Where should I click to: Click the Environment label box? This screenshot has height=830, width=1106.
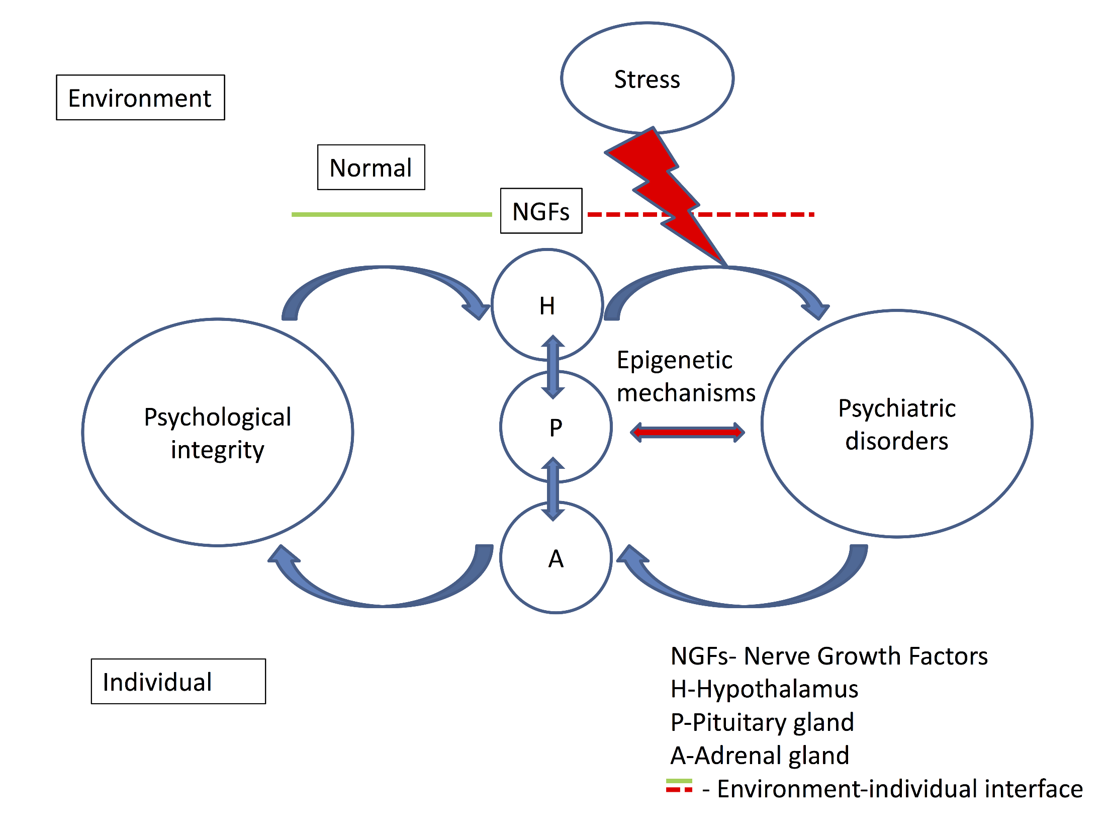click(140, 98)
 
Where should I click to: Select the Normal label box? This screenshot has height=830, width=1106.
click(371, 168)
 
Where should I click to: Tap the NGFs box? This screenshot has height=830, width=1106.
click(541, 211)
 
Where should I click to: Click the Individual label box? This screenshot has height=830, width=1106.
click(178, 682)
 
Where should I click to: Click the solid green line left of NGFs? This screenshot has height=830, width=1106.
click(392, 215)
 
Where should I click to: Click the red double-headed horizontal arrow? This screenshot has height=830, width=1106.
click(687, 432)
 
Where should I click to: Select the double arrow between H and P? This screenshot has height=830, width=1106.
click(553, 367)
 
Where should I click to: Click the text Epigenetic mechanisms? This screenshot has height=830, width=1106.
click(686, 376)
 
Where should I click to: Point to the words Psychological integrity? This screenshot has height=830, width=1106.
click(218, 433)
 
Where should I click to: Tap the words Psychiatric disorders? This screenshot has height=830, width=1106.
click(897, 424)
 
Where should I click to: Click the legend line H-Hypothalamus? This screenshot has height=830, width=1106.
click(764, 689)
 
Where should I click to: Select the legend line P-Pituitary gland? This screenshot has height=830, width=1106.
click(762, 722)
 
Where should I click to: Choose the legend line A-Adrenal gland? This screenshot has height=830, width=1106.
click(760, 756)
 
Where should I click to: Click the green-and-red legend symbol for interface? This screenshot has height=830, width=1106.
click(679, 786)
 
